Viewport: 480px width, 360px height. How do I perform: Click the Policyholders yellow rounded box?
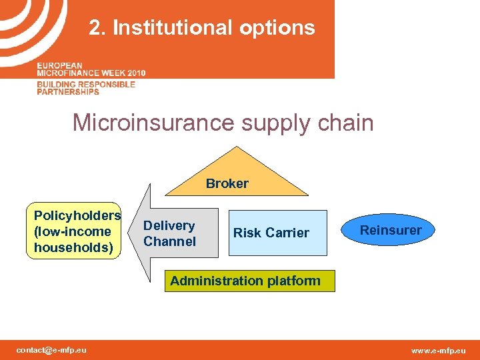[x=77, y=231]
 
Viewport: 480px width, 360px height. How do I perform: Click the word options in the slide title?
[x=279, y=28]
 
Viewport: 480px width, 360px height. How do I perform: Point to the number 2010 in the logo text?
[x=133, y=72]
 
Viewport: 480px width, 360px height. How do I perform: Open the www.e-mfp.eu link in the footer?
[x=439, y=351]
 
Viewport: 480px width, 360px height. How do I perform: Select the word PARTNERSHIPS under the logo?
[x=68, y=91]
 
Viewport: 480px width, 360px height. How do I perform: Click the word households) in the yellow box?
[x=73, y=247]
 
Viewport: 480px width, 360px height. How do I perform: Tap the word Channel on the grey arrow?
[x=169, y=241]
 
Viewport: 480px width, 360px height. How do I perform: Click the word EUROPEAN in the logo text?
[x=60, y=65]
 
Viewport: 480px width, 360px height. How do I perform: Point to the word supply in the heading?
[x=273, y=123]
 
